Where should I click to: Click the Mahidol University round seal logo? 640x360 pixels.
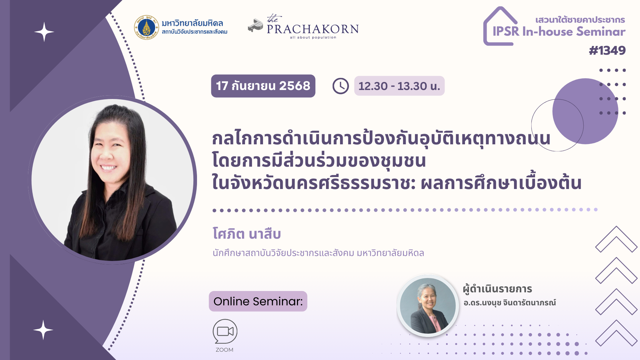[147, 27]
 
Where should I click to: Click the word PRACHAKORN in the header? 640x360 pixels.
[313, 29]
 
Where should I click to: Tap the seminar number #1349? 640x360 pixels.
[607, 51]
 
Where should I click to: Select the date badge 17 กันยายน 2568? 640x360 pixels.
[263, 86]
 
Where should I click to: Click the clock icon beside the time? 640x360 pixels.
[340, 86]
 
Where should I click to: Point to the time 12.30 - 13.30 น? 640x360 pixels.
[399, 86]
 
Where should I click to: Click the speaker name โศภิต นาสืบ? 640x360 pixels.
[247, 234]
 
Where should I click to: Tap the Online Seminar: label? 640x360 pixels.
[258, 301]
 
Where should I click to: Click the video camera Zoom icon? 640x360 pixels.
[225, 331]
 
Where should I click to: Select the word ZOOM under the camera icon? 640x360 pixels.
[224, 350]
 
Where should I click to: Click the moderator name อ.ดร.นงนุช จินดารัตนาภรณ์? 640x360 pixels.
[509, 303]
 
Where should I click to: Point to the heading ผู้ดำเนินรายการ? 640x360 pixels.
[497, 289]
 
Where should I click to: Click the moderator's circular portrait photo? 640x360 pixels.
[428, 306]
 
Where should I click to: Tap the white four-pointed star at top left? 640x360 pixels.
[44, 32]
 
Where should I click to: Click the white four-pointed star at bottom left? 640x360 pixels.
[43, 330]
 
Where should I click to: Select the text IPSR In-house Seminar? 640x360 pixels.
[559, 32]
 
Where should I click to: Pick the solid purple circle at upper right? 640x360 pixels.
[585, 111]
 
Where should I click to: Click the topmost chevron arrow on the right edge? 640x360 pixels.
[616, 239]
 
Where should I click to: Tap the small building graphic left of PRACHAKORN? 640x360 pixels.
[256, 25]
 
